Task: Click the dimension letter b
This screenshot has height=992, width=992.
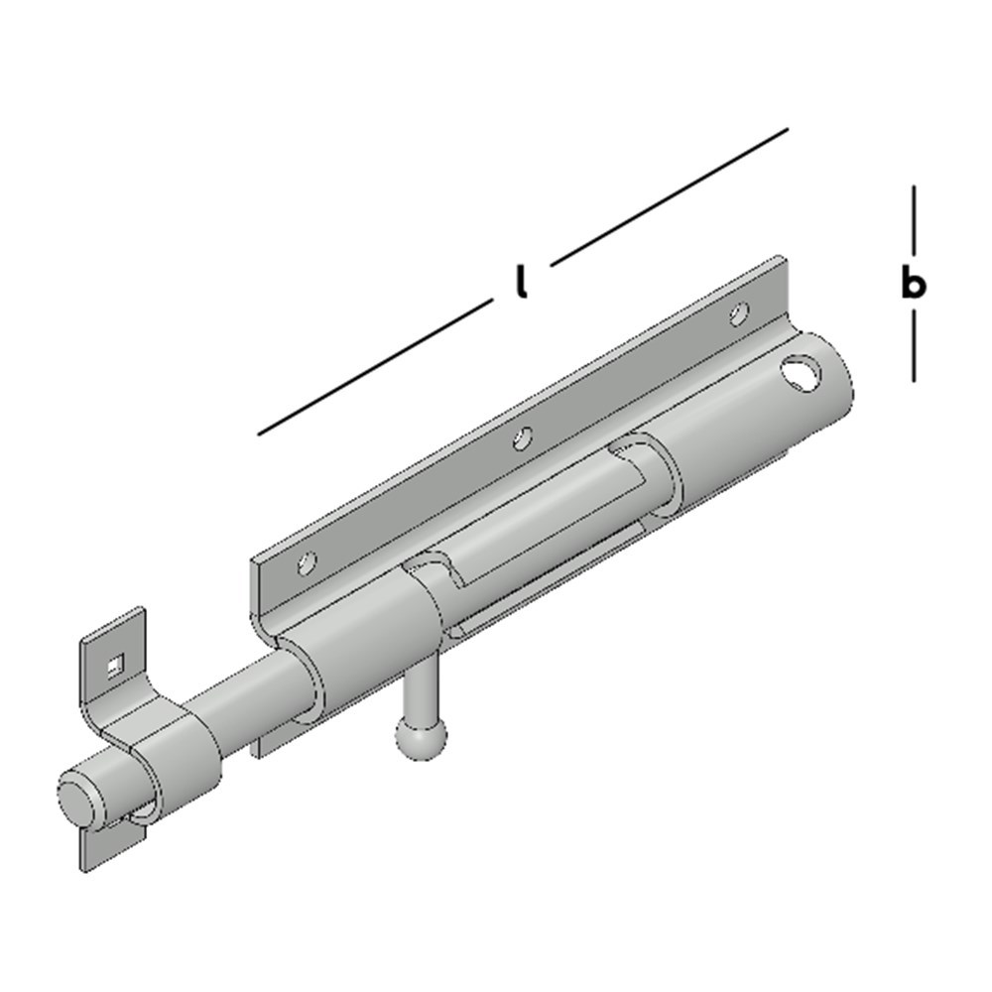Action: tap(913, 285)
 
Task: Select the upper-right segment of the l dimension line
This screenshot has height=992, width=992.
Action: tap(670, 196)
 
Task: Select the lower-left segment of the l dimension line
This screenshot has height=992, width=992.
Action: tap(374, 368)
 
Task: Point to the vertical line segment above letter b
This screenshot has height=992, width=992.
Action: tap(913, 219)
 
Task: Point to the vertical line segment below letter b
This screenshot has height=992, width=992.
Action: tap(913, 345)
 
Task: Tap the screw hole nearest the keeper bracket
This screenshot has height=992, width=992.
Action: tap(308, 565)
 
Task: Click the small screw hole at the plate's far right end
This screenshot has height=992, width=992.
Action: tap(738, 314)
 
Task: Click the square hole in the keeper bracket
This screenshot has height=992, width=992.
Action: tap(117, 666)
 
